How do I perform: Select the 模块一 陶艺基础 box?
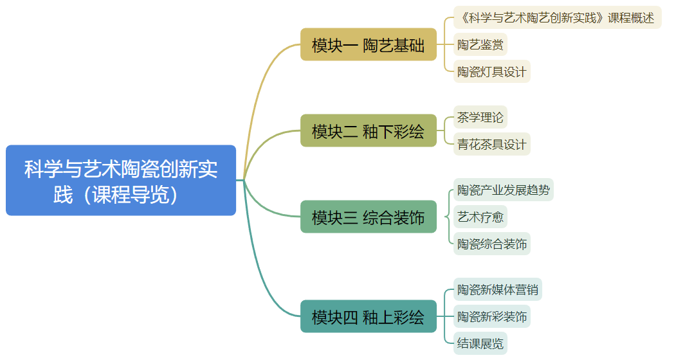(368, 45)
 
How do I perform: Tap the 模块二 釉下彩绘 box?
(368, 131)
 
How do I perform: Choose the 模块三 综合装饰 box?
(368, 217)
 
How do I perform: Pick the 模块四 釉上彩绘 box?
(368, 317)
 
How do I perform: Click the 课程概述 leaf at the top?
(557, 18)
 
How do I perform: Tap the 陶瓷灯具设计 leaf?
(491, 71)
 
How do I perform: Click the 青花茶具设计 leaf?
(491, 144)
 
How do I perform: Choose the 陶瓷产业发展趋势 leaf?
(503, 190)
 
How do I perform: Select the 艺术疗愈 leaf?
(480, 217)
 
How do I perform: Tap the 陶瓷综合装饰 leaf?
(491, 244)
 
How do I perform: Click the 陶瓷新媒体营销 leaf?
(497, 290)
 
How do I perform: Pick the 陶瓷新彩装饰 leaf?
(491, 317)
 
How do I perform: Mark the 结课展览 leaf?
(480, 343)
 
